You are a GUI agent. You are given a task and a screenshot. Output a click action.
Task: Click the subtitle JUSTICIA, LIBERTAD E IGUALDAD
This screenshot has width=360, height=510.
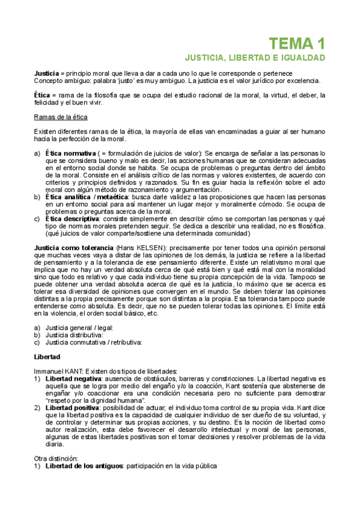[254, 58]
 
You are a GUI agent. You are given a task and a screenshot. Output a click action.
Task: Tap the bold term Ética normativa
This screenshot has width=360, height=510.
[70, 154]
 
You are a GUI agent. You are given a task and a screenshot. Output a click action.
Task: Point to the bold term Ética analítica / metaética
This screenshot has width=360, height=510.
[87, 197]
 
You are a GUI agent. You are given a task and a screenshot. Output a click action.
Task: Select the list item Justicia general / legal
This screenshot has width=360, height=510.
[79, 328]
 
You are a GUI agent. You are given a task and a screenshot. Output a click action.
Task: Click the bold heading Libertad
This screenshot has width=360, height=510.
[48, 357]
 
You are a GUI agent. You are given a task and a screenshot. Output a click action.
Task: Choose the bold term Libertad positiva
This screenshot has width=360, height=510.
[72, 408]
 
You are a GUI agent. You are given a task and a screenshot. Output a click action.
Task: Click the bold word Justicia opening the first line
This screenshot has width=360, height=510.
[47, 73]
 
